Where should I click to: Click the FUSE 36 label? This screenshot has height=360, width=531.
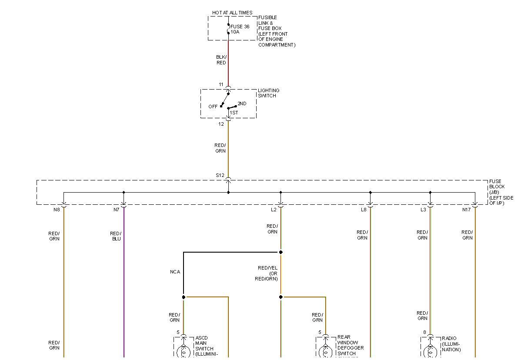coord(240,27)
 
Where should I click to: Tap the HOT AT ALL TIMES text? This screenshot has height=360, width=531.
coord(232,13)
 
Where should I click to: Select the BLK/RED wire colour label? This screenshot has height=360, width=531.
coord(221,60)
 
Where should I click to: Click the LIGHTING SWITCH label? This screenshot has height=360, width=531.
coord(268,93)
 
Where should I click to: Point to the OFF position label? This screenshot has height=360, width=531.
coord(213,107)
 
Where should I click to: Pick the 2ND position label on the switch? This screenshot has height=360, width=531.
coord(242,104)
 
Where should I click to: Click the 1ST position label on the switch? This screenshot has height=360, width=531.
coord(234,113)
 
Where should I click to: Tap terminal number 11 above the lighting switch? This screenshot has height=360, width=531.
coord(221,84)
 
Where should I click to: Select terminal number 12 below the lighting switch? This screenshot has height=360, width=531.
coord(221,124)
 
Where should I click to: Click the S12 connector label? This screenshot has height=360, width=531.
coord(220,176)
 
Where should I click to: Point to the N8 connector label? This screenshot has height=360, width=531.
coord(57,210)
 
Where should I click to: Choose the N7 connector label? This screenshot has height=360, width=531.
coord(116,210)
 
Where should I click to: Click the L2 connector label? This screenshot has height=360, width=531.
coord(274,210)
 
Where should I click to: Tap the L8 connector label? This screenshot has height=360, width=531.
coord(364,210)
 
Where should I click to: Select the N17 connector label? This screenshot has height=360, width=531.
coord(466,210)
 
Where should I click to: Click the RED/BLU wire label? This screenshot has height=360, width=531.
coord(116,236)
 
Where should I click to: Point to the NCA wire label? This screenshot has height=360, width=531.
coord(175,272)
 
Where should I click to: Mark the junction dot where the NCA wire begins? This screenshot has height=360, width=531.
coord(281,252)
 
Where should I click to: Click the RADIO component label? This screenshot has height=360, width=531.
coord(449,339)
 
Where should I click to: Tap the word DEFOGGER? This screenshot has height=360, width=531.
coord(351,348)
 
